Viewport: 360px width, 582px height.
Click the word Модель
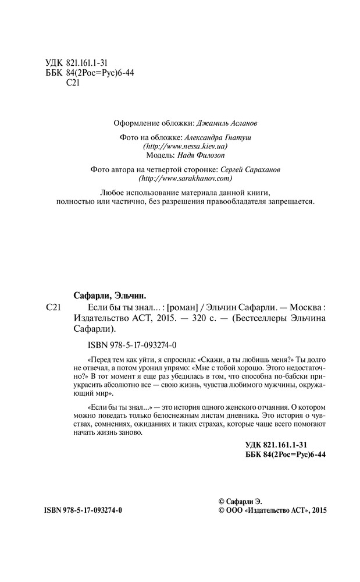[155, 157]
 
